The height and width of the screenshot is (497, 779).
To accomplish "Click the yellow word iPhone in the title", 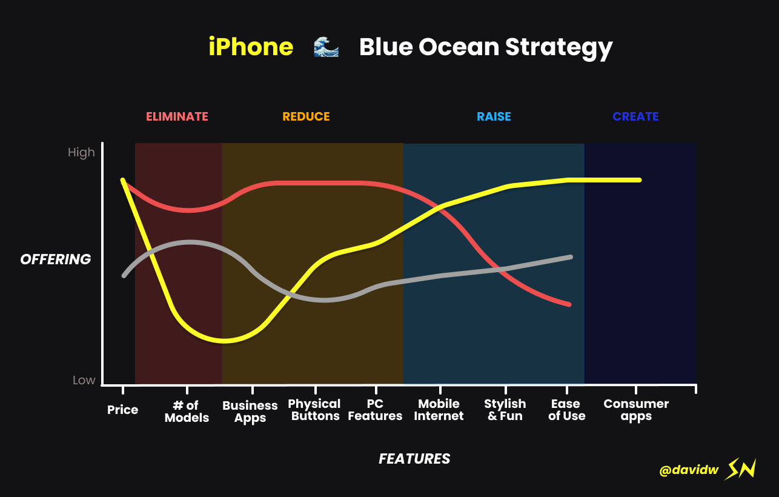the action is point(251,47).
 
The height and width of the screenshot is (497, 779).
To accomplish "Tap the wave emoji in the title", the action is point(326,47).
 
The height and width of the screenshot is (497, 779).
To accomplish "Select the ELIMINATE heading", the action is point(177,116).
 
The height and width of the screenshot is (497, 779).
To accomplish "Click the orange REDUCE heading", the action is point(306,116).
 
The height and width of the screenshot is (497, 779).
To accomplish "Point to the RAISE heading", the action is point(494,116).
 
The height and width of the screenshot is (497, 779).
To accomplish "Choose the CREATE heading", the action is point(635,116).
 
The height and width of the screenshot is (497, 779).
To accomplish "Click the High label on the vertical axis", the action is point(81,153).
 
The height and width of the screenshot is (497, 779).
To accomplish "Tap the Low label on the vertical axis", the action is point(84,379).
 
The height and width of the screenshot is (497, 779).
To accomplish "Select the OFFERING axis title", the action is point(56,259).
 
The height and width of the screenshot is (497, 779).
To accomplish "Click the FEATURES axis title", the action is point(414,459).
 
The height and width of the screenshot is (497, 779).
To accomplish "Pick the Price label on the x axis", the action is point(122,410).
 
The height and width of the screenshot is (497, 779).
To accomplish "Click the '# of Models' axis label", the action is point(187,412).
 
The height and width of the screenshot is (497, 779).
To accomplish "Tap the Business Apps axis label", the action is point(250,412).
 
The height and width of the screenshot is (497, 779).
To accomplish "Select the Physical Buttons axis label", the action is point(315,410).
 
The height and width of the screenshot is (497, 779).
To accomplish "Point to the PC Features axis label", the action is point(375,410).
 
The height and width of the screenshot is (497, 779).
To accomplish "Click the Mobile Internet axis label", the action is point(439,410).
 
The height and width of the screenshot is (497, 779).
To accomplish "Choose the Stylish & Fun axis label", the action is point(505,410).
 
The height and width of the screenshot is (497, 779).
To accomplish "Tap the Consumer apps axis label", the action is point(636,410).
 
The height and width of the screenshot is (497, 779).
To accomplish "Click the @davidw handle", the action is point(689,470).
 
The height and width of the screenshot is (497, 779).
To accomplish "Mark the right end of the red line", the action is point(569,304).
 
